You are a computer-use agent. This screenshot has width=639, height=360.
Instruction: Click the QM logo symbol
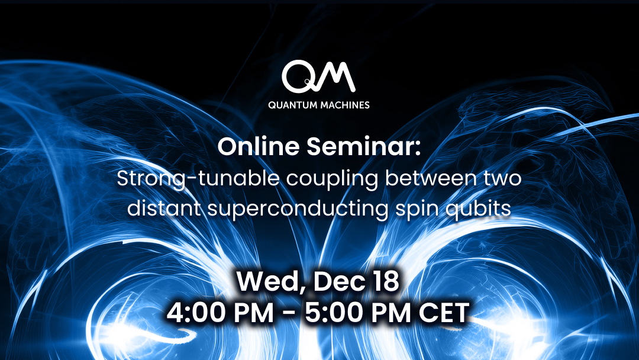coord(318,76)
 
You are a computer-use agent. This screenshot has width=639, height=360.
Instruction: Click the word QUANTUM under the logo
coord(292,105)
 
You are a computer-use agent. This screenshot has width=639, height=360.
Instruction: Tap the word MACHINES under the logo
coord(345,105)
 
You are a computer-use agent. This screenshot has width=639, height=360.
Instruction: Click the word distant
coord(164,208)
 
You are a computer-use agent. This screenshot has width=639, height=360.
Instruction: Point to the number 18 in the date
coord(385,281)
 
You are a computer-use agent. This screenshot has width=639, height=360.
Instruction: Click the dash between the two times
coord(290,314)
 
